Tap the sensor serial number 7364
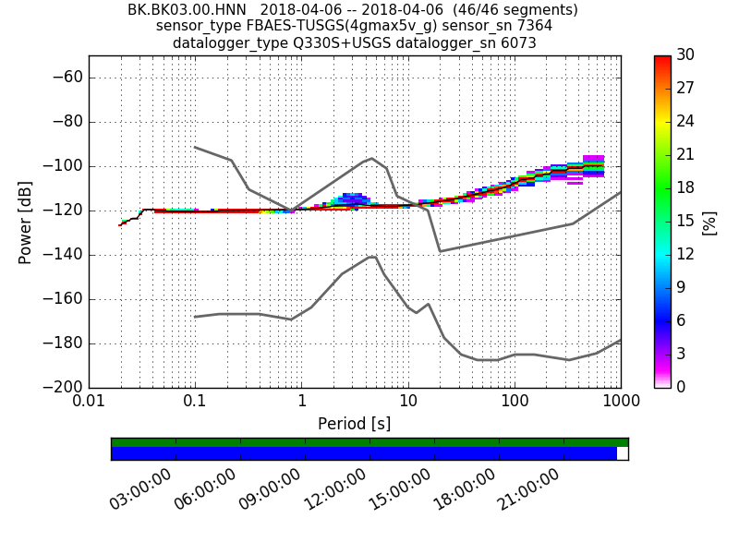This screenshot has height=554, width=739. click(x=534, y=26)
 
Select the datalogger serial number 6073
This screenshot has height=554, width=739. click(x=518, y=42)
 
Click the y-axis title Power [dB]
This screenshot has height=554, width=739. click(x=25, y=222)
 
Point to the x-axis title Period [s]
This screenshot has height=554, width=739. click(x=354, y=424)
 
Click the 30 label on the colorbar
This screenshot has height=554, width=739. click(x=686, y=55)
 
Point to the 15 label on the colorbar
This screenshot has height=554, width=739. click(x=686, y=221)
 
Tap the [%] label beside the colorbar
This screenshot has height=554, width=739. click(x=709, y=222)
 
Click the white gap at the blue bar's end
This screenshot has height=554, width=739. click(x=622, y=453)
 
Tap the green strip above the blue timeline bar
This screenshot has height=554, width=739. click(x=369, y=442)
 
